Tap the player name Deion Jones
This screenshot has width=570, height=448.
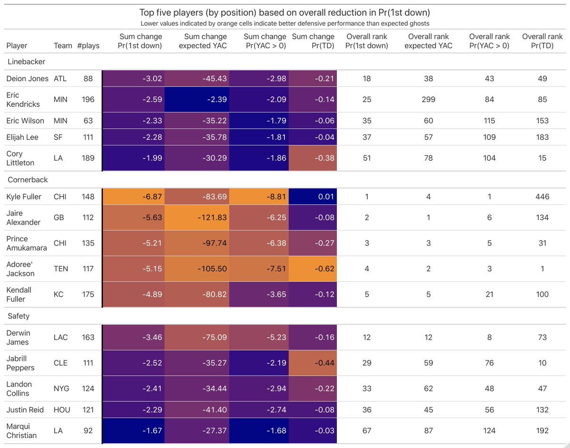[x=27, y=78]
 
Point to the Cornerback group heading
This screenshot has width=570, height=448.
[x=28, y=180]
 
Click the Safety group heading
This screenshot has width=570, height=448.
[x=19, y=316]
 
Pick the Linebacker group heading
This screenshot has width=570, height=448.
[x=27, y=62]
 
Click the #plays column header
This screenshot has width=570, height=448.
[x=88, y=46]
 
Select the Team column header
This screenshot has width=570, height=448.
[x=63, y=46]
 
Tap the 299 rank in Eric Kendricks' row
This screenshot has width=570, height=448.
[x=428, y=99]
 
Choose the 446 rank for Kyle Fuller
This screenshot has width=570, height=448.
[x=542, y=197]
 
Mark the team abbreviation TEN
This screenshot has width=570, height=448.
[x=61, y=268]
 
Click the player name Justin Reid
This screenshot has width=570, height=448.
[x=25, y=410]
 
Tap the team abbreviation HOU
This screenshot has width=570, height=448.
[x=62, y=410]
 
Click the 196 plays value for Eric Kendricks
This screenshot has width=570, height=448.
[x=88, y=99]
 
